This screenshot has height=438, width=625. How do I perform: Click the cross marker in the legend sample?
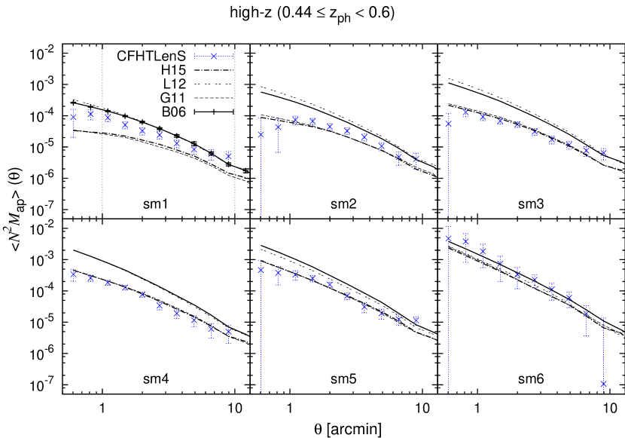tap(214, 56)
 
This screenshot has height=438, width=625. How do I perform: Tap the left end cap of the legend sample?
tap(195, 56)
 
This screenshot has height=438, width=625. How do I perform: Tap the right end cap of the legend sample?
tap(233, 56)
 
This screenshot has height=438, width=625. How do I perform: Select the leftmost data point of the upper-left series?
tap(74, 117)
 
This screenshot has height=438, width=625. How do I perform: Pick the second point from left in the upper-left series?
tap(90, 115)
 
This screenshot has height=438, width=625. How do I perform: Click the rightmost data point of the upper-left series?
tap(228, 155)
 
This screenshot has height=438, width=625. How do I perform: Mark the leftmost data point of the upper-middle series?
tap(261, 134)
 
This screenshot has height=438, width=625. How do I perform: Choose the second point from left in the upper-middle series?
tap(278, 127)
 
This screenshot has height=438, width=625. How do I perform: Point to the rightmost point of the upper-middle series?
tap(416, 158)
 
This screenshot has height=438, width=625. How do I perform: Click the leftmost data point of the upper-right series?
tap(449, 124)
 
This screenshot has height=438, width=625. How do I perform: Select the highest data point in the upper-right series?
tap(466, 113)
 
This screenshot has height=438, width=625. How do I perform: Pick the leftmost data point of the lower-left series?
tap(74, 274)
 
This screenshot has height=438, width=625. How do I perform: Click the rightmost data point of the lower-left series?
tap(228, 331)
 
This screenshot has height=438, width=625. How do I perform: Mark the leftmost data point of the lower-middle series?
tap(261, 269)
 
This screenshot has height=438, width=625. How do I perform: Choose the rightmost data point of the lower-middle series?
tap(416, 320)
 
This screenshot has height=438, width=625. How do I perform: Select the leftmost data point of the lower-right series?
tap(449, 238)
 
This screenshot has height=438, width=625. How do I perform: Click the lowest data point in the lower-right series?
tap(604, 384)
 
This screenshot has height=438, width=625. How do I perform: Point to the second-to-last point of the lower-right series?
tap(586, 313)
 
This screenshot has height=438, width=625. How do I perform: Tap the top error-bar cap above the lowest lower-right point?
tap(604, 319)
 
